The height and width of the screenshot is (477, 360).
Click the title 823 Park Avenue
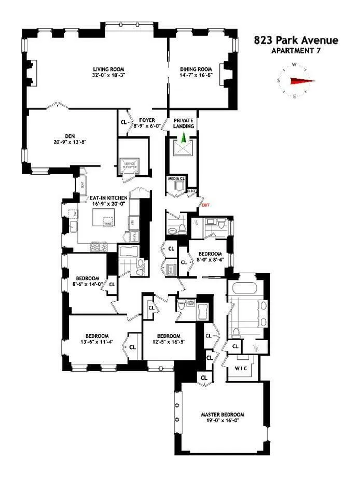tap(296, 40)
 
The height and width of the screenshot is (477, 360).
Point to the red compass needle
tap(302, 80)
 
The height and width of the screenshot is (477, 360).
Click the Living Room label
tap(109, 69)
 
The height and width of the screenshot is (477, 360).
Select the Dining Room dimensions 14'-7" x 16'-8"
tap(196, 75)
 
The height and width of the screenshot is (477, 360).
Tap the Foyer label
tap(147, 120)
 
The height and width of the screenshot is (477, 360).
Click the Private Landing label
tap(184, 123)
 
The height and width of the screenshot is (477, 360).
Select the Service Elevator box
tap(129, 165)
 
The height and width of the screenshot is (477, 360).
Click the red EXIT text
tap(205, 205)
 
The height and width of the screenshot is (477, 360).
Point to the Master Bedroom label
tap(223, 415)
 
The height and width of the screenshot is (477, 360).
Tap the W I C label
tap(241, 369)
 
